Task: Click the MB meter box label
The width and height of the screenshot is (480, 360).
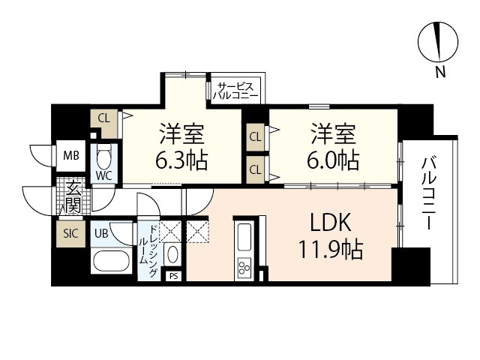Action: [71, 156]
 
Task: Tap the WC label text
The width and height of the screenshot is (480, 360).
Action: [104, 175]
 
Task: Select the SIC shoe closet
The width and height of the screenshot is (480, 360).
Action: [70, 233]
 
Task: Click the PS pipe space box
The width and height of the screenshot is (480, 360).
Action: [173, 276]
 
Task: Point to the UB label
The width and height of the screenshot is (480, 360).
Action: [101, 233]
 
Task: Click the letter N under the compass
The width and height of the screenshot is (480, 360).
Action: [440, 72]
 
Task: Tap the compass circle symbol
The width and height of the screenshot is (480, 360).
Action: [438, 42]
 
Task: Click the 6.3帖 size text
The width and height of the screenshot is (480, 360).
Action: [181, 160]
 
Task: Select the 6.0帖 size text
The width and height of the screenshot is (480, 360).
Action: [333, 160]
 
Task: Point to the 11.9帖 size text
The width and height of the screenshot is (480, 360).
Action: [331, 249]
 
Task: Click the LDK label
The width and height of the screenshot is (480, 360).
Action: [331, 223]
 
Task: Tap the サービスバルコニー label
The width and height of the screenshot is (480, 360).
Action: [235, 91]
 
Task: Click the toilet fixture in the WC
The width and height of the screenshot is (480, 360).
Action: [104, 156]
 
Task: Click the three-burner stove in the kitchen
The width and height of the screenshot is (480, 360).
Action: [244, 267]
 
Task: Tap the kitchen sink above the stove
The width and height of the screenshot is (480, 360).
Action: [244, 237]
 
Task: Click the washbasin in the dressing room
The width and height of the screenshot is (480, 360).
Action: [173, 254]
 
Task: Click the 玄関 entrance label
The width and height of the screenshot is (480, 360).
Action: [73, 196]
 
